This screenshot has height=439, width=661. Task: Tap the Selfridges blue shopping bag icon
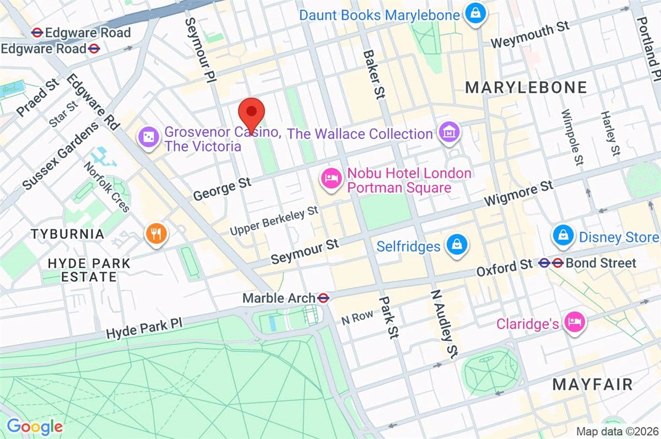456,245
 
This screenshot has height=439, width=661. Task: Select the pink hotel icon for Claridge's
575,322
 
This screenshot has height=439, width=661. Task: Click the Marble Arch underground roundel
323,298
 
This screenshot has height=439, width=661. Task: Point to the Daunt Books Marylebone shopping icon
474,14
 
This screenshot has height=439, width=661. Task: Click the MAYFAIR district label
593,384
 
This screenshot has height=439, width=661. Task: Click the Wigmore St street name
518,194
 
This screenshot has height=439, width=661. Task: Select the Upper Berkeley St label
274,219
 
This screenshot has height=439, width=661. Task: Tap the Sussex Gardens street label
61,156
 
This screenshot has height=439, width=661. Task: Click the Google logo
34,426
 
